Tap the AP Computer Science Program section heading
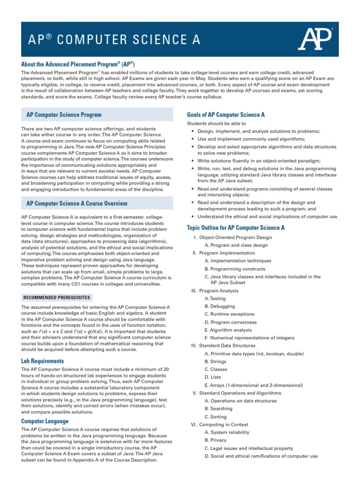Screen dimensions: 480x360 click(64, 114)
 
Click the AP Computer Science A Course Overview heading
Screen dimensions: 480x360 click(77, 204)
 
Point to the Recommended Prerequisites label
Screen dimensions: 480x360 click(57, 298)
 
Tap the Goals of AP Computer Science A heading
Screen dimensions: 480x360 click(226, 114)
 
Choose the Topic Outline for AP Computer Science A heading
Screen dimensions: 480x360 click(236, 228)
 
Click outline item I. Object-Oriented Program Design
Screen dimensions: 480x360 click(232, 238)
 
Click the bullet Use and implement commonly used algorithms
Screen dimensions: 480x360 click(251, 139)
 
